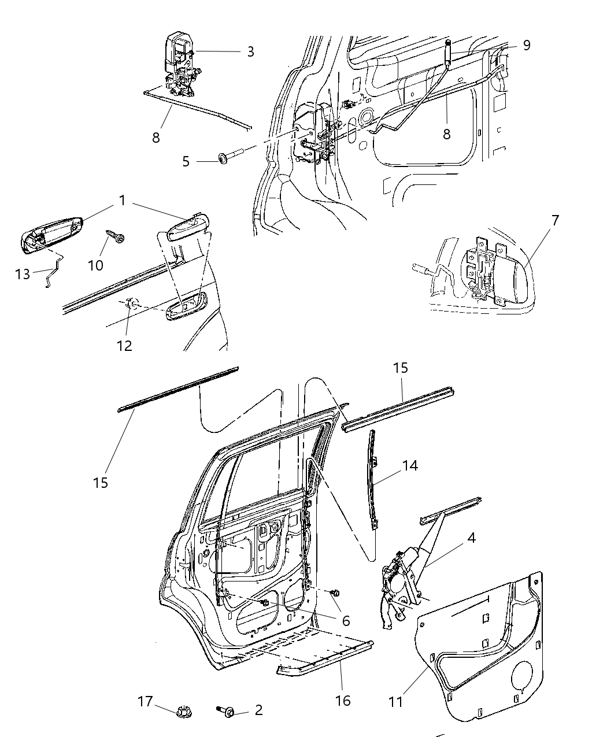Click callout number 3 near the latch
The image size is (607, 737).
tap(250, 52)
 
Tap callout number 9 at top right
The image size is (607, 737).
tap(526, 45)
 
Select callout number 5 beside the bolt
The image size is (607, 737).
tap(186, 161)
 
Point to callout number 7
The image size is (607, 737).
tap(556, 220)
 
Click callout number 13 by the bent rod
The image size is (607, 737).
tap(22, 274)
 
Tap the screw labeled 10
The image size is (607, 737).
tap(114, 238)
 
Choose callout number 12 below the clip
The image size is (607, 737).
tap(124, 346)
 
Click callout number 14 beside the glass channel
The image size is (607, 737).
tap(410, 465)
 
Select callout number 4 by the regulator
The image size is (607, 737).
tap(472, 538)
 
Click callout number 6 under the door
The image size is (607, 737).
tap(346, 621)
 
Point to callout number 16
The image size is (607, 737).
tap(343, 701)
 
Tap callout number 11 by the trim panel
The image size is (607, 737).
tap(396, 702)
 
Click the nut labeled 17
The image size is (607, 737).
tap(182, 710)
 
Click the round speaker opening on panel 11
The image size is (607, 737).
tap(522, 678)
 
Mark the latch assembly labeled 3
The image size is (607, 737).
tap(182, 66)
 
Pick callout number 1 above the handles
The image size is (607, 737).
tap(122, 201)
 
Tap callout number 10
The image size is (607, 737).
tap(95, 265)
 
